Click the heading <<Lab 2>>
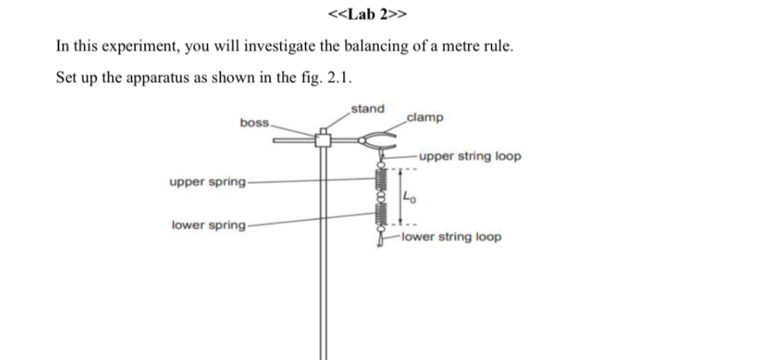[x=368, y=15]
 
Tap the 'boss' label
[x=254, y=122]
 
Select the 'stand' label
[x=368, y=109]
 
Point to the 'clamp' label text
[x=425, y=116]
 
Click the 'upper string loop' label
[x=469, y=156]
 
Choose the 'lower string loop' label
[x=450, y=236]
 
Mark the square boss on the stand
[x=323, y=140]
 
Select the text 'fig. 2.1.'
[x=325, y=77]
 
